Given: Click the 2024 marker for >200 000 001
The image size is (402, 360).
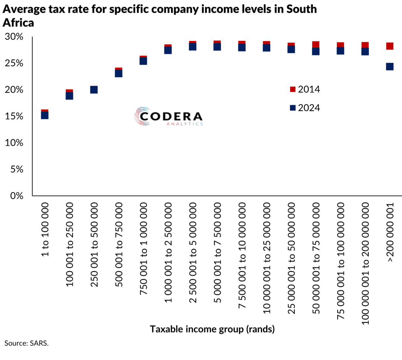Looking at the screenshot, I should (x=390, y=67).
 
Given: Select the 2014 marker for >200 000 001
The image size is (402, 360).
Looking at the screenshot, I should (x=390, y=46).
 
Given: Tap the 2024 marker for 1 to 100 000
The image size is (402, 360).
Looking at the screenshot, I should (x=45, y=115).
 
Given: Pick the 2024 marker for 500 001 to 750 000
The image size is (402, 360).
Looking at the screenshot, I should (x=119, y=73).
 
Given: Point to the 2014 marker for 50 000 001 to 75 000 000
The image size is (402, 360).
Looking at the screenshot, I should (x=316, y=44).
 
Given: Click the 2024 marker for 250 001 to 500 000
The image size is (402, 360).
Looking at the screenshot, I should (x=94, y=90).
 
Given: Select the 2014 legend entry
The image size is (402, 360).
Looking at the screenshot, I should (x=304, y=90).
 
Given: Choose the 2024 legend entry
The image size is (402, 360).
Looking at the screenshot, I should (x=304, y=108).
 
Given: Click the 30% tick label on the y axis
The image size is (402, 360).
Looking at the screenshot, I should (x=14, y=37).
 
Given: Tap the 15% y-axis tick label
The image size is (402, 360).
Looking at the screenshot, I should (x=14, y=117).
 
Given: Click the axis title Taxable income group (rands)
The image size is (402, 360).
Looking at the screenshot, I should (x=212, y=330).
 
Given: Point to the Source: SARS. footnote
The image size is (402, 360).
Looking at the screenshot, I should (x=26, y=343).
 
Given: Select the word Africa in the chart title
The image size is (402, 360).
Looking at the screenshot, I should (x=19, y=22).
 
